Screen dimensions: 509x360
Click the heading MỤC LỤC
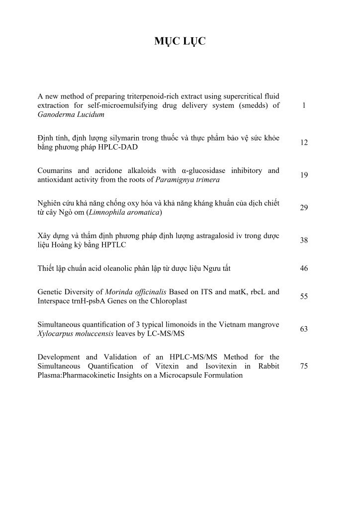coord(180,42)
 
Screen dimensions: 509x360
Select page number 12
coord(304,143)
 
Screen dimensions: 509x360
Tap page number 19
coord(304,175)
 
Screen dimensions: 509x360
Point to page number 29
coord(304,208)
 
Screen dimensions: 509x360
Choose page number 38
coord(304,240)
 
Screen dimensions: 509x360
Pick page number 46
coord(304,268)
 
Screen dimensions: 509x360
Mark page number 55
coord(304,296)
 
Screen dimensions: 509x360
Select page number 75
coord(304,366)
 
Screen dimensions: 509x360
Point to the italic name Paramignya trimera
coord(187,180)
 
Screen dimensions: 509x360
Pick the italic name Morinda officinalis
coord(136,292)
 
